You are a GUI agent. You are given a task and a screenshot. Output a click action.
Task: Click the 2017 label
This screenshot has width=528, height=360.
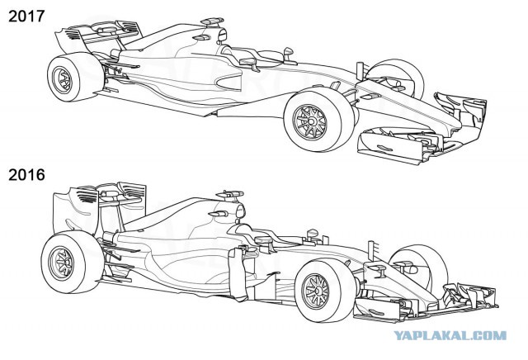[x=26, y=17]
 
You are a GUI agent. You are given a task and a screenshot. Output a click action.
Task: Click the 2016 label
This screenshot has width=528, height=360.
[x=26, y=175]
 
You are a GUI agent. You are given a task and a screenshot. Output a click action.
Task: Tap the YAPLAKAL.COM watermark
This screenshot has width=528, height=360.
[x=450, y=335]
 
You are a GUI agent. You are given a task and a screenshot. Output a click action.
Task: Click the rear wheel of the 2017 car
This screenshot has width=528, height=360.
[x=75, y=77]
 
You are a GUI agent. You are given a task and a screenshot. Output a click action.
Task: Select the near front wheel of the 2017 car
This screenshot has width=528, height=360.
[x=319, y=121]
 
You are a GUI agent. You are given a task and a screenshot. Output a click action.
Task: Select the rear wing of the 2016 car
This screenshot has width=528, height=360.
[x=99, y=209]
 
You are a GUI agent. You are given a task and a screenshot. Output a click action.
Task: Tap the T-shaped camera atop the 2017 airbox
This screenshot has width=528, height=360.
[x=212, y=21]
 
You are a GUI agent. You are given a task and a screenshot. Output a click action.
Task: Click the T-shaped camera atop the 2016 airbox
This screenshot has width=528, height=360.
[x=229, y=195]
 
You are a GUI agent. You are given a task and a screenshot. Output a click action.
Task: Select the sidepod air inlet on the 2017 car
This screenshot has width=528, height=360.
[x=229, y=82]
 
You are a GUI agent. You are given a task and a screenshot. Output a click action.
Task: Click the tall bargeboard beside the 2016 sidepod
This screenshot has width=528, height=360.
[x=238, y=273]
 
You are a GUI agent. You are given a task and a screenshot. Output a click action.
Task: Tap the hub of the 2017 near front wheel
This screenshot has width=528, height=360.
[x=311, y=121]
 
